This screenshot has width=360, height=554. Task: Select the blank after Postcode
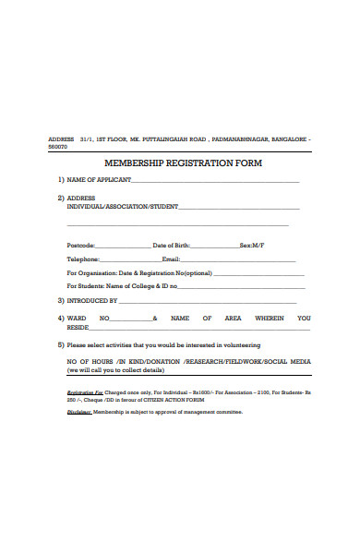(123, 247)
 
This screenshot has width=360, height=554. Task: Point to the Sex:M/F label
(252, 246)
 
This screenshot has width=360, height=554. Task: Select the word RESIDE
(78, 327)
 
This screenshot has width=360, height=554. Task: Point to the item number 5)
(61, 344)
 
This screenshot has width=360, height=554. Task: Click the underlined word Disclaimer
(79, 412)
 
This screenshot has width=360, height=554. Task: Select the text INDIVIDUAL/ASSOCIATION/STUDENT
(123, 207)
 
